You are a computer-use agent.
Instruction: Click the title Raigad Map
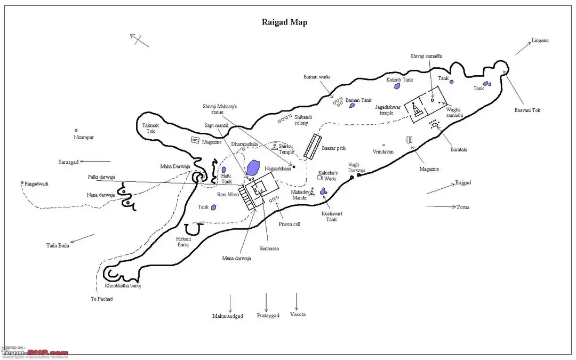[x=284, y=22]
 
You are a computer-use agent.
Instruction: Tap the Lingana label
[x=540, y=41]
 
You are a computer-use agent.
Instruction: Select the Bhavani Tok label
[x=527, y=110]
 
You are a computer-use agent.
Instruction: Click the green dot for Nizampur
[x=76, y=130]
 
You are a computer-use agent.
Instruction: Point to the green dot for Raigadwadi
[x=22, y=183]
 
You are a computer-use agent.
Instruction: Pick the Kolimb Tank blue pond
[x=397, y=86]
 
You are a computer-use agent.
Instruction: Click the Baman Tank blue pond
[x=351, y=106]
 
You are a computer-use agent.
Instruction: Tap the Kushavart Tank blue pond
[x=323, y=191]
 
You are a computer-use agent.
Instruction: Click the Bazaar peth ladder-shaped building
[x=313, y=146]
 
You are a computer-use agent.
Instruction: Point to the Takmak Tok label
[x=149, y=128]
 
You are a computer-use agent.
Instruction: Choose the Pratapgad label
[x=268, y=316]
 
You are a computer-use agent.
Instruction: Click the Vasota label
[x=298, y=315]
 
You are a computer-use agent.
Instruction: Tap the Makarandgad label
[x=228, y=316]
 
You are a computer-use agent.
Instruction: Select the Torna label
[x=462, y=207]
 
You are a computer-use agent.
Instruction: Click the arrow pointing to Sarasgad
[x=96, y=161]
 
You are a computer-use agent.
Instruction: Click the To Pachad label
[x=101, y=299]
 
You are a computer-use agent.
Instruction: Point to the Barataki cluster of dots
[x=435, y=124]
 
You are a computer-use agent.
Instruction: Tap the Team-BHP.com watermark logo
[x=35, y=353]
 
